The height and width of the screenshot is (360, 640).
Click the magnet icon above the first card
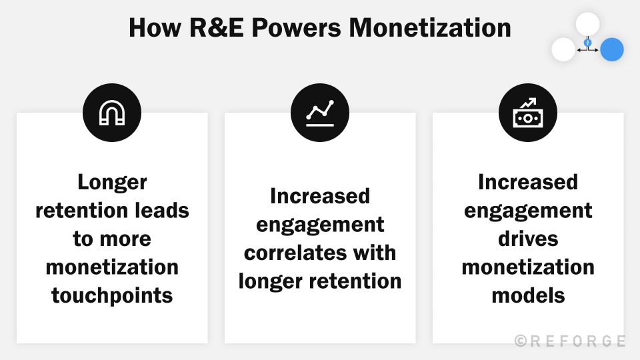click(x=112, y=114)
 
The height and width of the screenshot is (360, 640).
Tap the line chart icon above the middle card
click(x=320, y=114)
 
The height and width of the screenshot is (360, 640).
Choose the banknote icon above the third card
click(x=528, y=114)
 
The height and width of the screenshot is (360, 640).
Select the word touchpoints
click(x=112, y=295)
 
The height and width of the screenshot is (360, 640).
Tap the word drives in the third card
click(x=528, y=239)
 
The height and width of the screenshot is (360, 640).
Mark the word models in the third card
click(x=528, y=295)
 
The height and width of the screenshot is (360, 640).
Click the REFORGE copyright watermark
click(x=570, y=341)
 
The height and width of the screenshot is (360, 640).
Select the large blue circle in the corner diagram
click(x=611, y=49)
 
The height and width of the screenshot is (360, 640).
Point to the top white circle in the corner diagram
click(x=587, y=24)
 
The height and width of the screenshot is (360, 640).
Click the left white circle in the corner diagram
click(x=563, y=49)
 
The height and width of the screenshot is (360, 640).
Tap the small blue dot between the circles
click(x=587, y=43)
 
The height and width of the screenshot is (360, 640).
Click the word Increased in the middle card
click(x=320, y=196)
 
